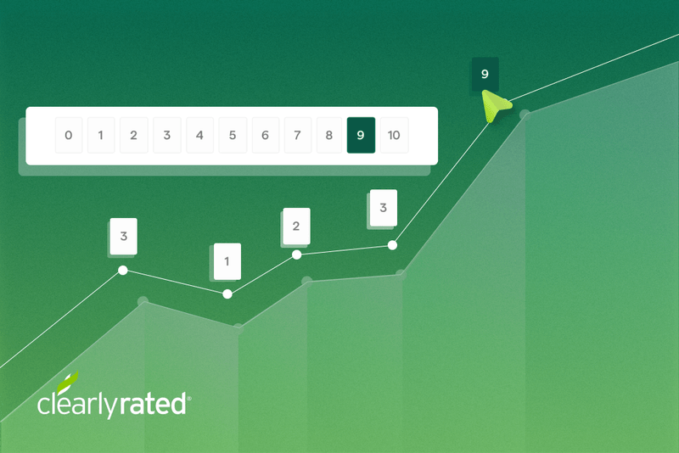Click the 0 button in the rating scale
(x=68, y=136)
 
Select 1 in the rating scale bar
(x=101, y=136)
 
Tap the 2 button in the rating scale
(x=133, y=136)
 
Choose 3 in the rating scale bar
(x=166, y=136)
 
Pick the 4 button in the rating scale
(x=199, y=136)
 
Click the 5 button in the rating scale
(x=232, y=136)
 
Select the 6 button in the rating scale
(x=265, y=136)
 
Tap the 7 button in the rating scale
(x=297, y=136)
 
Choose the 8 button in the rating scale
(x=329, y=136)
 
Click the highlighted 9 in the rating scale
(x=361, y=136)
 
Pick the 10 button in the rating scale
(x=394, y=136)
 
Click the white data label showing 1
(x=227, y=261)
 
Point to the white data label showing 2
(x=296, y=226)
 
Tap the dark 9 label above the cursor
(x=485, y=75)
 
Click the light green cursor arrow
(x=495, y=107)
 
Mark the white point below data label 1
(x=227, y=294)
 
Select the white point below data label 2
(x=296, y=254)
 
